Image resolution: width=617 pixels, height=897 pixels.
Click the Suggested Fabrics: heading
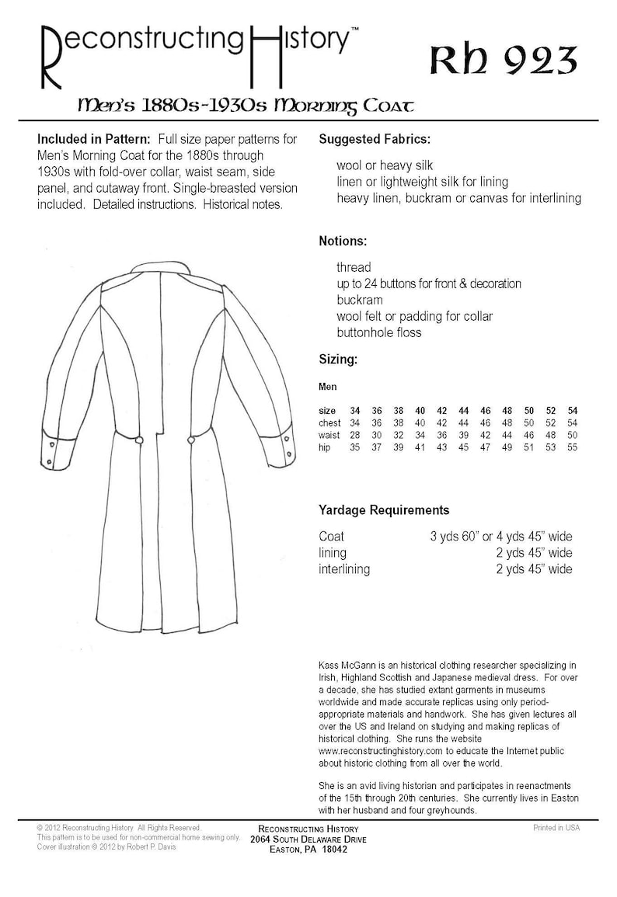click(375, 140)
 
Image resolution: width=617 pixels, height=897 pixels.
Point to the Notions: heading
click(343, 241)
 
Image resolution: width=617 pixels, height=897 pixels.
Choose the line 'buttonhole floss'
click(379, 332)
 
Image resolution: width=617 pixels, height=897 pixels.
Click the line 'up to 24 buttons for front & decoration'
click(429, 283)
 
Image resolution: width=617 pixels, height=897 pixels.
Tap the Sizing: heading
click(338, 360)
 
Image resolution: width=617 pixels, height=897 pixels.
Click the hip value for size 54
click(572, 448)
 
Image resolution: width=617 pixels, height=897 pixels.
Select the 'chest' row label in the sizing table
click(330, 422)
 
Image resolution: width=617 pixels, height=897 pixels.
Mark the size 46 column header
click(485, 409)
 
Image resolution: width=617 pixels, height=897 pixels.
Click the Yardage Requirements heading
click(384, 510)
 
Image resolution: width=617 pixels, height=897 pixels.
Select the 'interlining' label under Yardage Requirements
click(344, 569)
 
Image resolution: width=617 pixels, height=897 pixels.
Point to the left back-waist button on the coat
click(140, 440)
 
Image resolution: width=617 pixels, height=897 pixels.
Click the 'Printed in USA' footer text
click(556, 828)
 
